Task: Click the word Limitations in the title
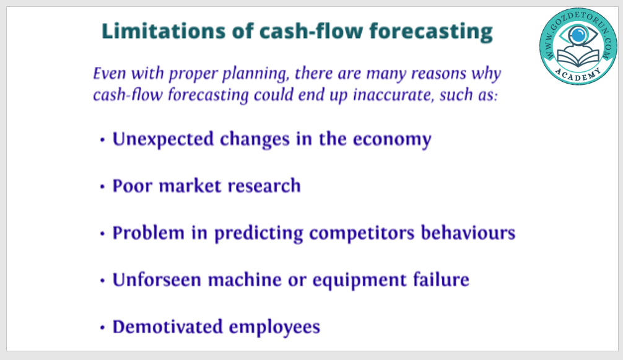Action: click(163, 31)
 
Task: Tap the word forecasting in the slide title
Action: click(431, 32)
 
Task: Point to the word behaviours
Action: click(468, 233)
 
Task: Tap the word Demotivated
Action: click(168, 327)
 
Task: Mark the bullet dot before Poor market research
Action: click(103, 187)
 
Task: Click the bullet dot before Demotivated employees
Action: click(103, 328)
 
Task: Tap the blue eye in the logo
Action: click(578, 35)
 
